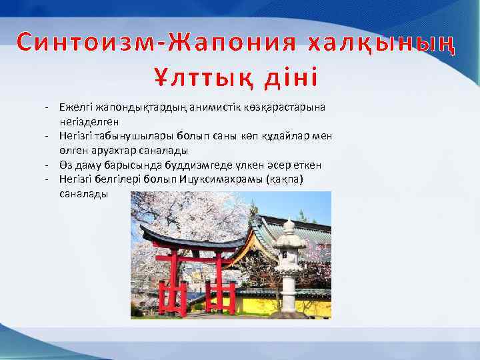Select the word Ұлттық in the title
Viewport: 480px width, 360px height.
click(199, 77)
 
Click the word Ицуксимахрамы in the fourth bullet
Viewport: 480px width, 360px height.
click(217, 181)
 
